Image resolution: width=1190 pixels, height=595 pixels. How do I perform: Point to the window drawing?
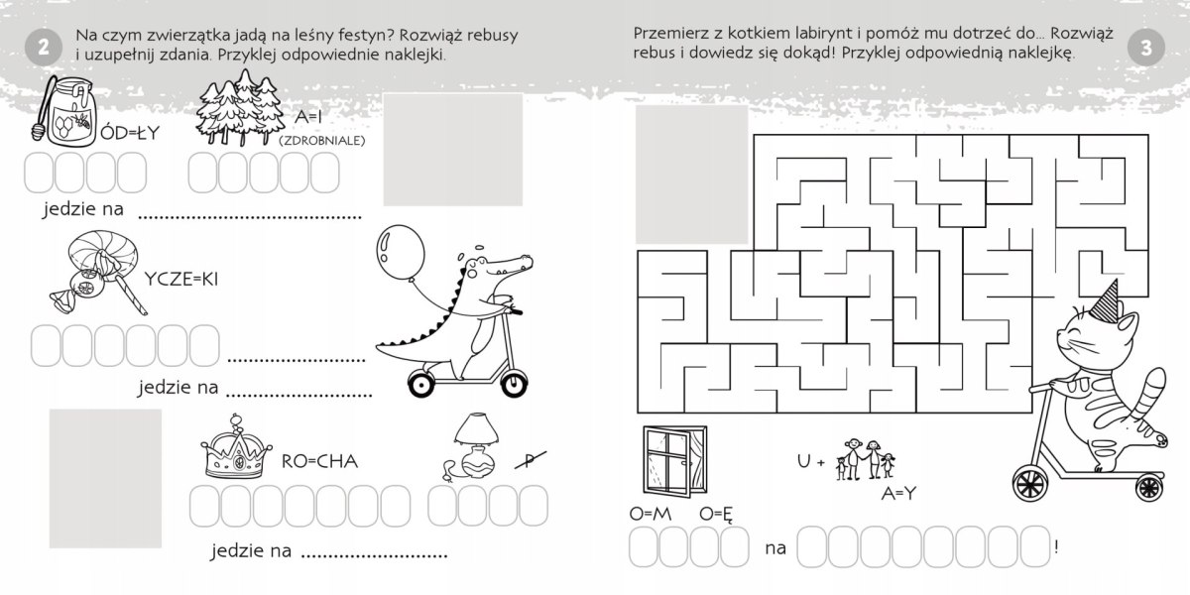pyautogui.click(x=674, y=461)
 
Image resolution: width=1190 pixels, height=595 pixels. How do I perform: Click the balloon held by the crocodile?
pyautogui.click(x=401, y=251)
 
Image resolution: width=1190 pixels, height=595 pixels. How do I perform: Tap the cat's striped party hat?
pyautogui.click(x=1104, y=301)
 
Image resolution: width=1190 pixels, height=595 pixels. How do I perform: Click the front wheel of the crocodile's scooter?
pyautogui.click(x=514, y=383)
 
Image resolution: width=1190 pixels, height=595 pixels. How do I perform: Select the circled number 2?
pyautogui.click(x=43, y=48)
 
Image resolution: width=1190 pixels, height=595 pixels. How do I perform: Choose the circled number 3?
pyautogui.click(x=1146, y=48)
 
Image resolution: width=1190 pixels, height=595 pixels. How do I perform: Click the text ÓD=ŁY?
pyautogui.click(x=130, y=133)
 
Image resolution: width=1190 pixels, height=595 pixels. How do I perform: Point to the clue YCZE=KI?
pyautogui.click(x=181, y=279)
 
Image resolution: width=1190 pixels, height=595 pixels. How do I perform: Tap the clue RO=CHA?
pyautogui.click(x=319, y=461)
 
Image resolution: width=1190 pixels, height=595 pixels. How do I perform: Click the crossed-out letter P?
pyautogui.click(x=531, y=460)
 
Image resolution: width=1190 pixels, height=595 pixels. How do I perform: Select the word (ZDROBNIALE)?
pyautogui.click(x=322, y=141)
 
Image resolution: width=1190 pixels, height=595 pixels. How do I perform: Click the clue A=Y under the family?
pyautogui.click(x=898, y=494)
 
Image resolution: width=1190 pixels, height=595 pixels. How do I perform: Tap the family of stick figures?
pyautogui.click(x=865, y=459)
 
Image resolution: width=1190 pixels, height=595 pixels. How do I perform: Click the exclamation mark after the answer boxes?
pyautogui.click(x=1057, y=547)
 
